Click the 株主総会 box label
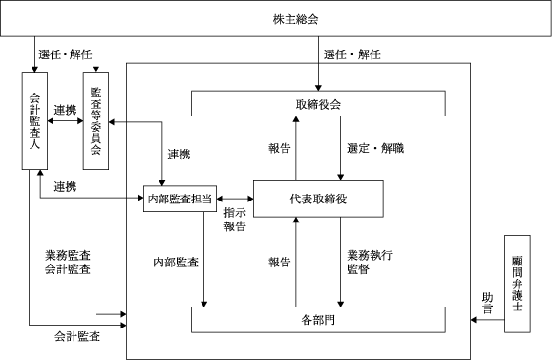click(295, 19)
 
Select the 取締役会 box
click(318, 103)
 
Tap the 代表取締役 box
click(318, 199)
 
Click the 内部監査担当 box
click(180, 199)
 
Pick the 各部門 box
click(318, 320)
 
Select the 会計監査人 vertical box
click(34, 120)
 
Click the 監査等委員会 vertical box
click(96, 120)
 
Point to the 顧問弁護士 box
click(518, 284)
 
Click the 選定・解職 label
click(375, 148)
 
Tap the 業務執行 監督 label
click(370, 262)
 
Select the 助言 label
click(488, 304)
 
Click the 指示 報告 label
click(235, 220)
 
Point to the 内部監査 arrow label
click(176, 263)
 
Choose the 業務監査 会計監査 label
click(68, 262)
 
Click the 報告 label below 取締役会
click(280, 148)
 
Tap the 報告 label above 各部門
click(280, 263)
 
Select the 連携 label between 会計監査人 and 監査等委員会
click(65, 110)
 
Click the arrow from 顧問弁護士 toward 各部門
click(488, 320)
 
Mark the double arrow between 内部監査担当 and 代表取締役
click(235, 199)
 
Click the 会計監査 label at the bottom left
click(77, 336)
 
